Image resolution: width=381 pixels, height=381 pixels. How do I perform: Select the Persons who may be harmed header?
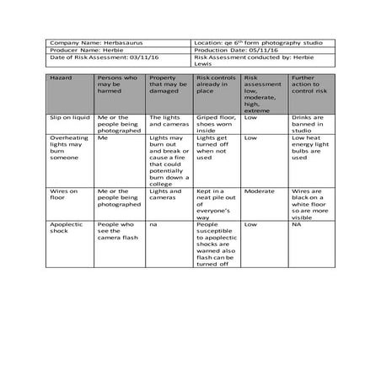pyautogui.click(x=119, y=93)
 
